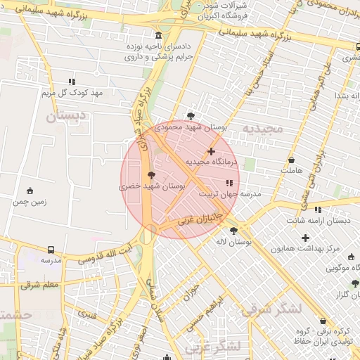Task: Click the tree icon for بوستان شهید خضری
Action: coord(150,175)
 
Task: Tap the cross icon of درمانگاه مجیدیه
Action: coord(211,151)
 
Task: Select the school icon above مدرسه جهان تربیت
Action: coord(230,183)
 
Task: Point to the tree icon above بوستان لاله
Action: coord(233,231)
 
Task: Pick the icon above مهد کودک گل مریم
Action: coord(72,82)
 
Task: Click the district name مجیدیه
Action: coord(262,129)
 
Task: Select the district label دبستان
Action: coord(66,116)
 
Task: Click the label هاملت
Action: coord(290,171)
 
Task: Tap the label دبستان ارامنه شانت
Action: coord(319,221)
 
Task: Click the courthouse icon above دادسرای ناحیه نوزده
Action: coord(158,36)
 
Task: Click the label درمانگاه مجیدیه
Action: coord(212,162)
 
